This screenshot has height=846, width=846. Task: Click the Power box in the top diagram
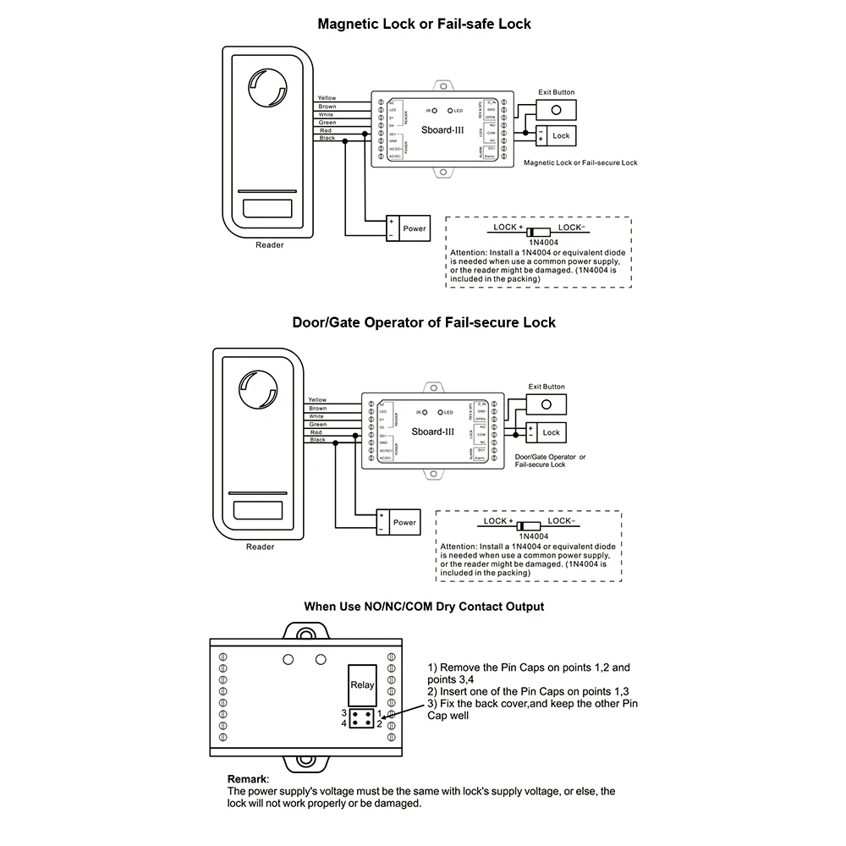pyautogui.click(x=414, y=228)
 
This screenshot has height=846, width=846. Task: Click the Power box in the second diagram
pyautogui.click(x=404, y=522)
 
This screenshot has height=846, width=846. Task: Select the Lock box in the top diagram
pyautogui.click(x=561, y=135)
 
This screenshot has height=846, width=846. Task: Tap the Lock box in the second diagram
pyautogui.click(x=551, y=432)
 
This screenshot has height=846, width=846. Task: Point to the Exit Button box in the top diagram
pyautogui.click(x=557, y=110)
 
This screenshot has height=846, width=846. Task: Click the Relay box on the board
pyautogui.click(x=362, y=686)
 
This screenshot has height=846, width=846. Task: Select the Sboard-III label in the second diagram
pyautogui.click(x=430, y=431)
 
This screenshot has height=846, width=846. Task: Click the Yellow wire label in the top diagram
pyautogui.click(x=327, y=98)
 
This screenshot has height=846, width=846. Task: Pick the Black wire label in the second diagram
pyautogui.click(x=317, y=440)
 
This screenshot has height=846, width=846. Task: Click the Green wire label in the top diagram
pyautogui.click(x=327, y=123)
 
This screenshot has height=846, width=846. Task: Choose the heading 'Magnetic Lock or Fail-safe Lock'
pyautogui.click(x=424, y=24)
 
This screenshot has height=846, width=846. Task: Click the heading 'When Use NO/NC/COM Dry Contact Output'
pyautogui.click(x=424, y=607)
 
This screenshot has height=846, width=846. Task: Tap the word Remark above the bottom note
pyautogui.click(x=248, y=778)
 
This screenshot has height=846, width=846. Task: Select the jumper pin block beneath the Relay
pyautogui.click(x=362, y=718)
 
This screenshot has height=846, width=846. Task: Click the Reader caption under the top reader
pyautogui.click(x=270, y=245)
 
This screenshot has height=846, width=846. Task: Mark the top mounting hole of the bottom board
pyautogui.click(x=303, y=632)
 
